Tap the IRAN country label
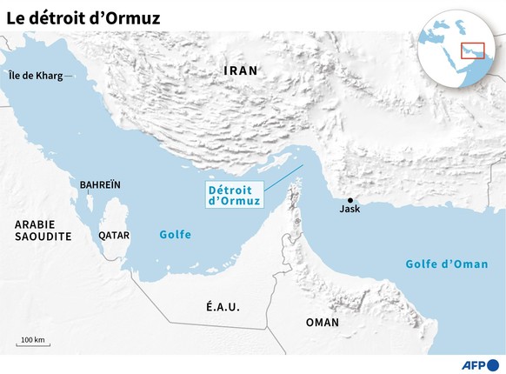pyautogui.click(x=241, y=70)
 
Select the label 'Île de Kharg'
pyautogui.click(x=35, y=76)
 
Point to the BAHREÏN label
pyautogui.click(x=100, y=185)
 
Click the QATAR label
pyautogui.click(x=115, y=235)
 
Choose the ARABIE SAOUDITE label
pyautogui.click(x=42, y=230)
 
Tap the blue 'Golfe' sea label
pyautogui.click(x=175, y=235)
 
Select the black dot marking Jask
pyautogui.click(x=350, y=199)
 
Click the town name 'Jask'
pyautogui.click(x=350, y=210)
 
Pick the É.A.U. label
pyautogui.click(x=222, y=307)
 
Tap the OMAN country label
pyautogui.click(x=323, y=322)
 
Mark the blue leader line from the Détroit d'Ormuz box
pyautogui.click(x=283, y=176)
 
